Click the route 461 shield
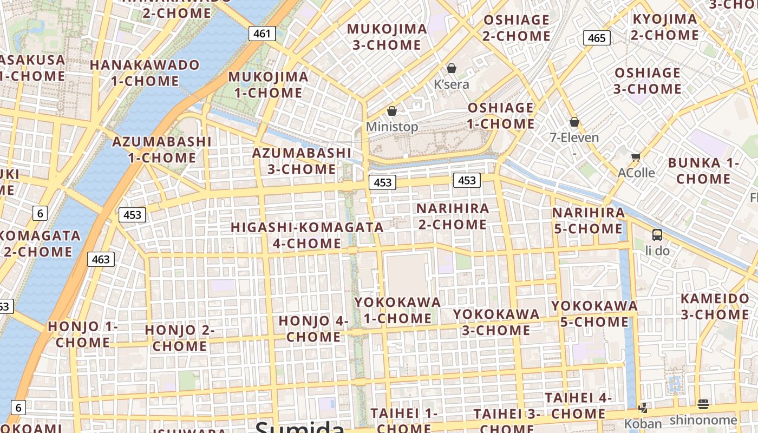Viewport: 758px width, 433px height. [262, 34]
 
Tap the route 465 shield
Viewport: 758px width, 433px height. [597, 38]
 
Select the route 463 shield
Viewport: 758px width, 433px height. [101, 259]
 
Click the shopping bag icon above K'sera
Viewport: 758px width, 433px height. [452, 68]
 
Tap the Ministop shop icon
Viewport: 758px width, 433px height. [392, 111]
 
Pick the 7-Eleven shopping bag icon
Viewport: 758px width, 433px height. [574, 122]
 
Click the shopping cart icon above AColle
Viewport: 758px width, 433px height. [636, 157]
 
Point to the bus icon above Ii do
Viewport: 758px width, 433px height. [657, 235]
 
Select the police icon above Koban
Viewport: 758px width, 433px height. [643, 408]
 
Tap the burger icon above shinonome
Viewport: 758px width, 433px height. [703, 404]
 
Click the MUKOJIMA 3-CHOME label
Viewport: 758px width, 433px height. [387, 37]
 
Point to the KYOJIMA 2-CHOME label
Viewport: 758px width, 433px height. [665, 27]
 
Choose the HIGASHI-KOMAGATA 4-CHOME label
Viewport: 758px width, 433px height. [307, 235]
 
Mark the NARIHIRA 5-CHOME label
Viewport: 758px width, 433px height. [589, 220]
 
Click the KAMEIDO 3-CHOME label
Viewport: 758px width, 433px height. [715, 306]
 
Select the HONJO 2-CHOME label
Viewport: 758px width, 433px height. [180, 338]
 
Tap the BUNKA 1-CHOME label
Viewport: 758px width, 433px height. [703, 170]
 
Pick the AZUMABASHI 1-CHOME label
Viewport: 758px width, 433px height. [162, 150]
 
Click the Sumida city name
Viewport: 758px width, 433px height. [299, 428]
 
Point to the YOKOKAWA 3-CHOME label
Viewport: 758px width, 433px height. [496, 322]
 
